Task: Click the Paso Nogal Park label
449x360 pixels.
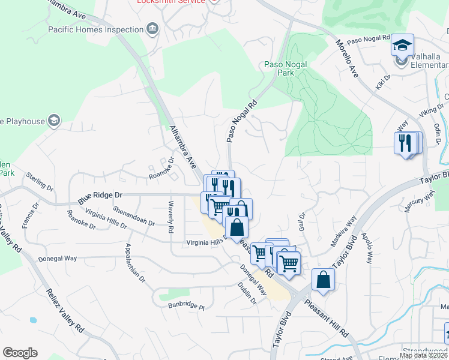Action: coord(286,68)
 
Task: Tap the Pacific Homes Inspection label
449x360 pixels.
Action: coord(96,29)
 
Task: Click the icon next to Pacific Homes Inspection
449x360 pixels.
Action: coord(152,29)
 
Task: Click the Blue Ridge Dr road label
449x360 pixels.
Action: coord(100,196)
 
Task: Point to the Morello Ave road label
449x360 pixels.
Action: coord(347,59)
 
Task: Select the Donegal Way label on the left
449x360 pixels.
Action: coord(58,259)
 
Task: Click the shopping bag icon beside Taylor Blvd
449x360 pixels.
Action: coord(323,280)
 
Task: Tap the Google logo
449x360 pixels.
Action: coord(20,353)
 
